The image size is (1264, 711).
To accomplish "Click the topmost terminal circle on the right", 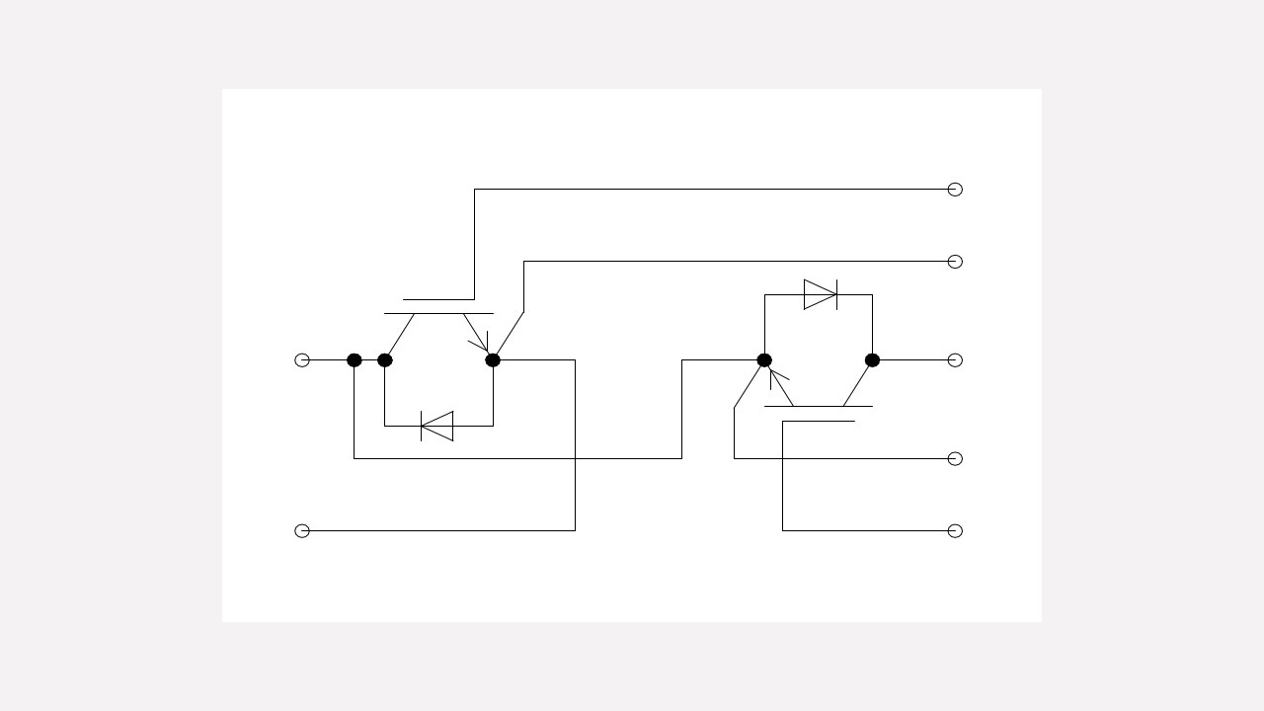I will (955, 190).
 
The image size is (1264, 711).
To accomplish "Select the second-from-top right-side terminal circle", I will (955, 262).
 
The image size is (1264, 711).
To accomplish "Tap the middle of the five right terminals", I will (955, 360).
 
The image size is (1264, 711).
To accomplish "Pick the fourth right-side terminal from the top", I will (955, 458).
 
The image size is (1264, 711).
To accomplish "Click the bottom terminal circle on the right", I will (955, 531).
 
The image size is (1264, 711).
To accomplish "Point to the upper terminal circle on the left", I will (302, 360).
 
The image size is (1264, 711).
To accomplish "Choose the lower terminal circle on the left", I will (302, 531).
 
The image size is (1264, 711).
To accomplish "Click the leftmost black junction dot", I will (355, 360).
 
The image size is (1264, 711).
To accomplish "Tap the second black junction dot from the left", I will (385, 360).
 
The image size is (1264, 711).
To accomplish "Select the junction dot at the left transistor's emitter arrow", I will (493, 360).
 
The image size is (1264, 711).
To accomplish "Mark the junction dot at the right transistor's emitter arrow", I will (764, 360).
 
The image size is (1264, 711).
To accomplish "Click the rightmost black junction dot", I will (872, 360).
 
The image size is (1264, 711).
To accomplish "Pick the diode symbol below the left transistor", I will (437, 427).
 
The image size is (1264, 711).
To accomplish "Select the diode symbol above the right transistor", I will (821, 294).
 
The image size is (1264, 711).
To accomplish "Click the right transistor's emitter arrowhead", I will (776, 376).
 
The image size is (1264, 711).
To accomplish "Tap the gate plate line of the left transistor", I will (438, 299).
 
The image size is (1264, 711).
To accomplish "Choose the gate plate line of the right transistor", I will (819, 422).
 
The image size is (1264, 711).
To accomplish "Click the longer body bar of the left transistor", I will (438, 314).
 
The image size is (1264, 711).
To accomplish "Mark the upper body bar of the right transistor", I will (819, 406).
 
